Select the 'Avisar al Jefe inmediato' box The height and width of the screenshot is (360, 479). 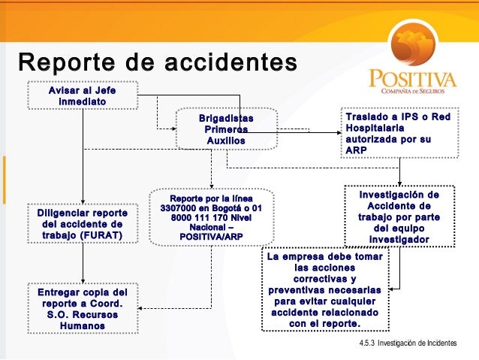[x=82, y=95]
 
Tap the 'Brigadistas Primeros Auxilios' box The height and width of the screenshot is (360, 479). [x=226, y=129]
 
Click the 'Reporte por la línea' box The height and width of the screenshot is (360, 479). [x=211, y=216]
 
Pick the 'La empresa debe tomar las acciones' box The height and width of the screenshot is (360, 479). [x=325, y=290]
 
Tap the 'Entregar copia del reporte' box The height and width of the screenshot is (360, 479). [x=83, y=309]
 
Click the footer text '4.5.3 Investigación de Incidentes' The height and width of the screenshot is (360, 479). [x=408, y=343]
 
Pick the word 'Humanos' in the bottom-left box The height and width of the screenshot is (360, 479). [x=83, y=327]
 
